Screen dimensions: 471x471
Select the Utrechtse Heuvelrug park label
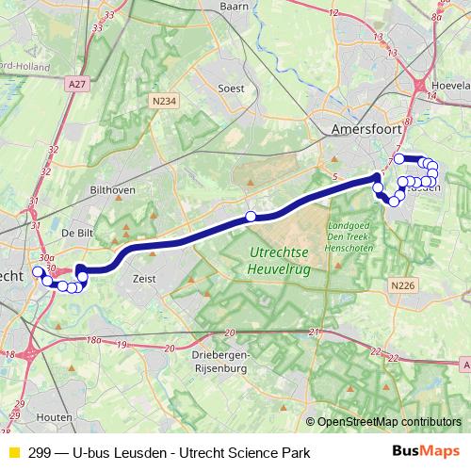pos(280,261)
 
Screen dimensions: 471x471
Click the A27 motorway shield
pos(78,84)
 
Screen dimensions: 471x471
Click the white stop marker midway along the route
pos(251,217)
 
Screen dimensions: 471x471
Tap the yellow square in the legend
pos(13,453)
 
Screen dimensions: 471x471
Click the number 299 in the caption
pos(40,453)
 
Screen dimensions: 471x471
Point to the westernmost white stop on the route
pos(38,272)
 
